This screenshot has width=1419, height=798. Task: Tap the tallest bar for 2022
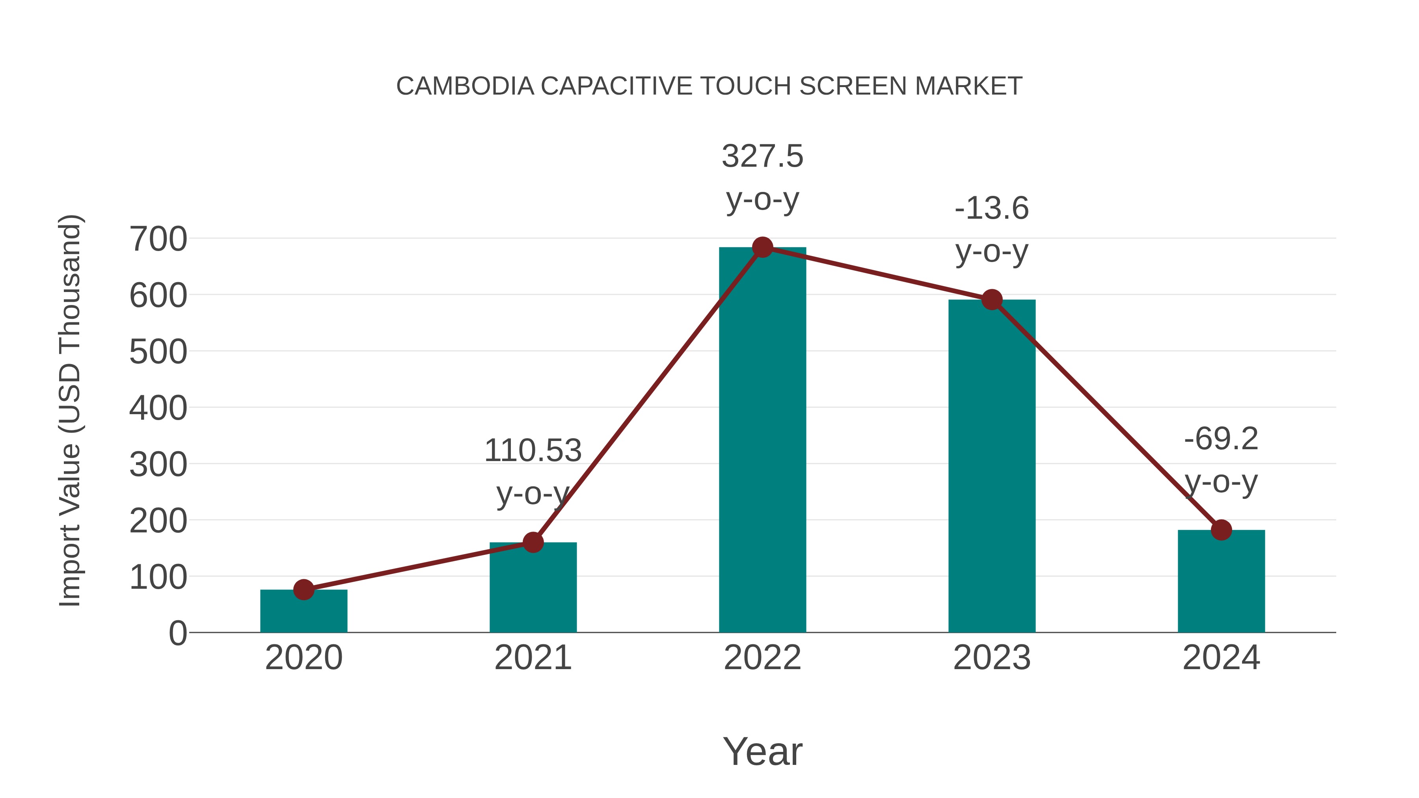(x=762, y=441)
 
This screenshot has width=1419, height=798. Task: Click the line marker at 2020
(x=304, y=590)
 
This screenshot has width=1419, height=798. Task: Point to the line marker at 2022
(x=762, y=247)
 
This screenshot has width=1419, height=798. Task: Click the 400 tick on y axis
(x=158, y=408)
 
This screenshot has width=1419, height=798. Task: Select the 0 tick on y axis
(x=178, y=633)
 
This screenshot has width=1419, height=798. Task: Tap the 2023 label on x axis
(x=992, y=658)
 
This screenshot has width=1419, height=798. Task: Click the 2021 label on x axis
(x=533, y=658)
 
